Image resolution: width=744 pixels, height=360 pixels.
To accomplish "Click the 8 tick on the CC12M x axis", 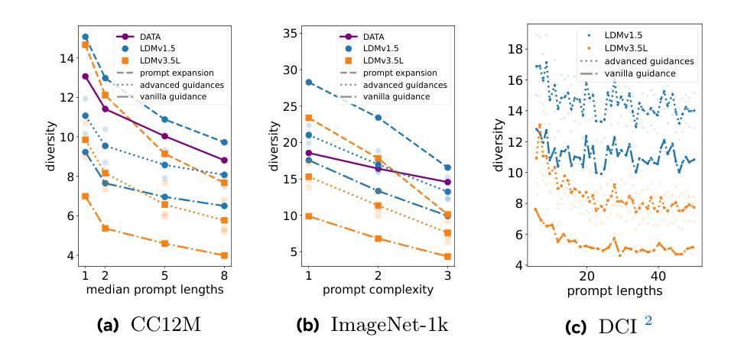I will point(223,274).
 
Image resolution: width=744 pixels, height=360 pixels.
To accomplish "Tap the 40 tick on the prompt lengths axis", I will point(658,274).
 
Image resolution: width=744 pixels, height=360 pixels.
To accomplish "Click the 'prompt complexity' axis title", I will point(377,290).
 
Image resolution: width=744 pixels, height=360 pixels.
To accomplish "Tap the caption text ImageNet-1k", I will point(390,325).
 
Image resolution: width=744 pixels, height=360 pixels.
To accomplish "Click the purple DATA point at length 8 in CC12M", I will point(223,161).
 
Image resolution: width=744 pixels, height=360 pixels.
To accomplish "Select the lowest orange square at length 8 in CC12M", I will point(223,255).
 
